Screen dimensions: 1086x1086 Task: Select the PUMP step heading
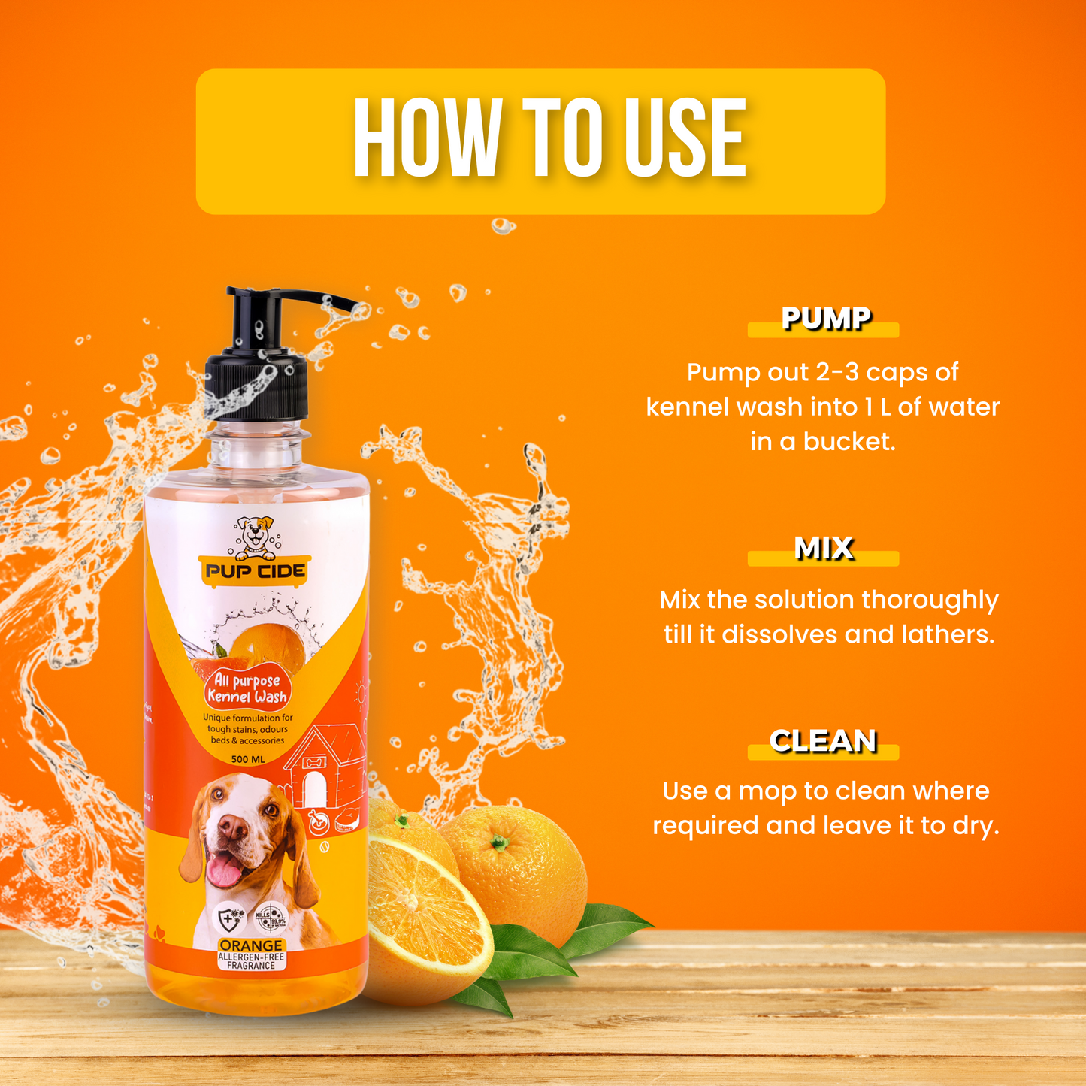(x=825, y=319)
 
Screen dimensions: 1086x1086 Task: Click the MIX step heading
(x=824, y=549)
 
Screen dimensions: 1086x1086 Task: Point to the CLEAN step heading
(x=824, y=741)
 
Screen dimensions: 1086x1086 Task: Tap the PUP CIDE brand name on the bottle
(x=256, y=571)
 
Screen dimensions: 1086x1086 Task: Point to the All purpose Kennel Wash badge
(x=248, y=688)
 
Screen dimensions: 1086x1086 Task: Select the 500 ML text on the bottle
(x=248, y=759)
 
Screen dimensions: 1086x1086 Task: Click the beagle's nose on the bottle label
(x=233, y=827)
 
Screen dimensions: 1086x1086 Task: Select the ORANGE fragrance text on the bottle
(x=251, y=945)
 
